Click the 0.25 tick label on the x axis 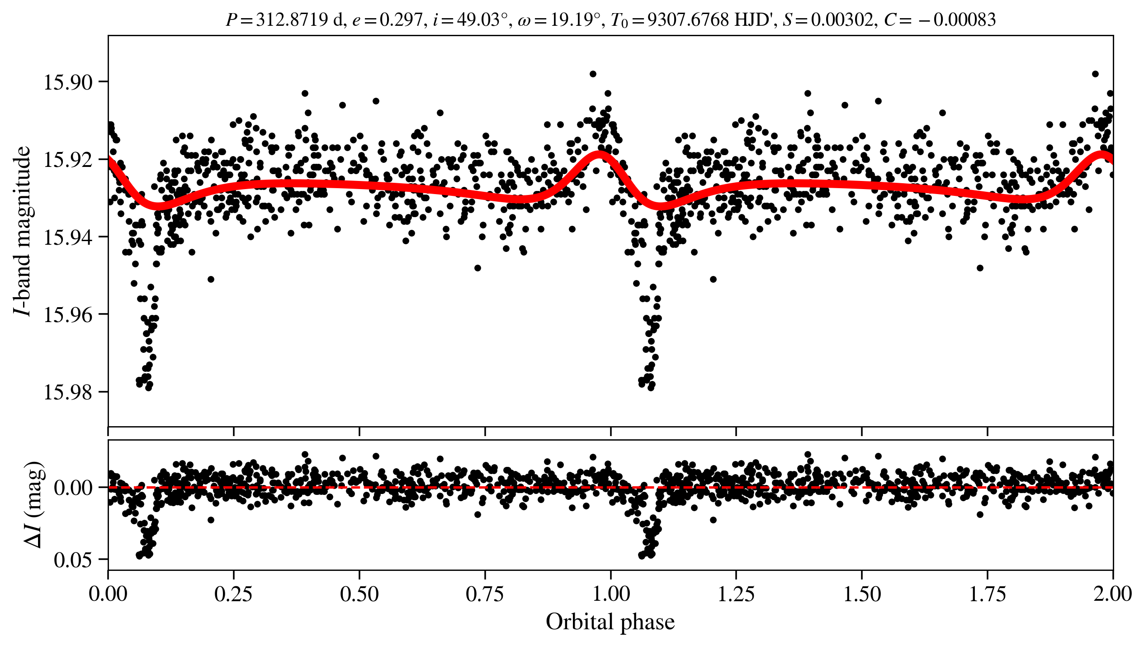pyautogui.click(x=234, y=594)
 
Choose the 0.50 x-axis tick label pyautogui.click(x=359, y=594)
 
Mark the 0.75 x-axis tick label pyautogui.click(x=485, y=594)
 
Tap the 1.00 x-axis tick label pyautogui.click(x=611, y=594)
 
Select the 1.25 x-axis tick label pyautogui.click(x=736, y=594)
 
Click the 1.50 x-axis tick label pyautogui.click(x=862, y=594)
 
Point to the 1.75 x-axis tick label pyautogui.click(x=988, y=594)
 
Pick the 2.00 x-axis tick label pyautogui.click(x=1113, y=594)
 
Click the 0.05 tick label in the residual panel pyautogui.click(x=73, y=560)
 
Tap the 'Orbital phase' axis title pyautogui.click(x=610, y=622)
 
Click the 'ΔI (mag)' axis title pyautogui.click(x=34, y=504)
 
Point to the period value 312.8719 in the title pyautogui.click(x=292, y=20)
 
